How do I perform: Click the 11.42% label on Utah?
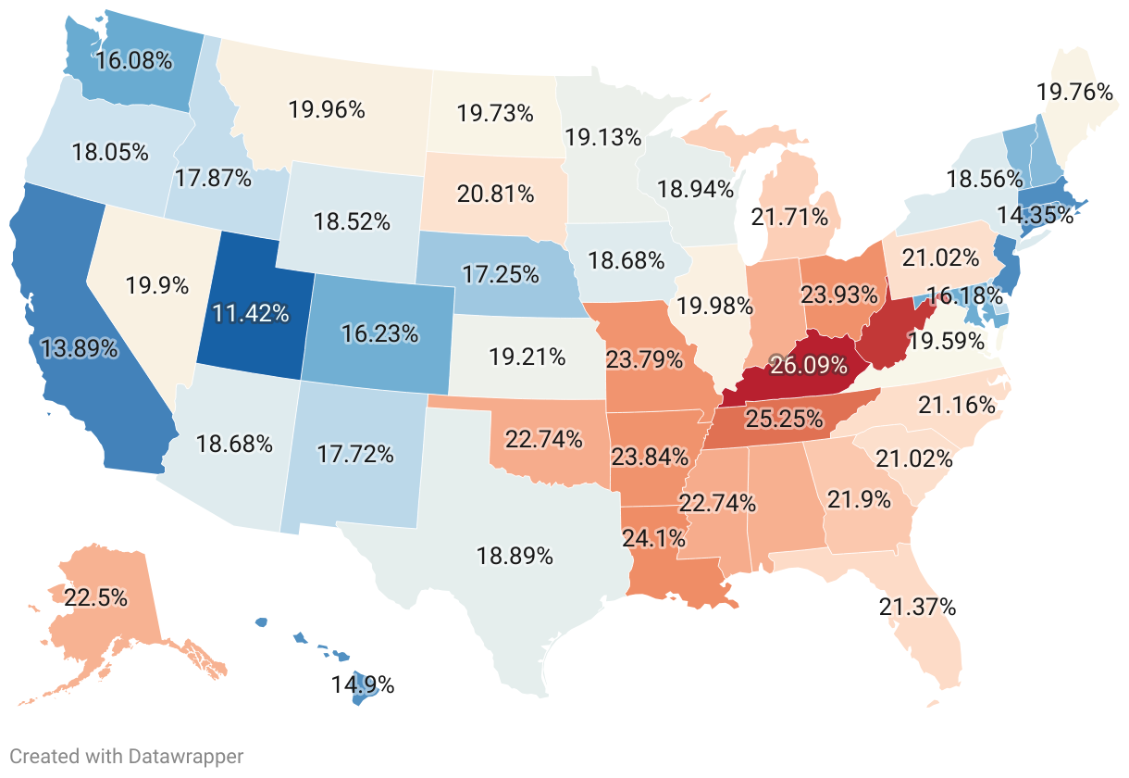click(250, 312)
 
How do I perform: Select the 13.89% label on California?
click(80, 348)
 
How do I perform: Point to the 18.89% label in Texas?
click(515, 557)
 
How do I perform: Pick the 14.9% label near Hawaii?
click(363, 685)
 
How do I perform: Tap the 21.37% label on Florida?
click(917, 608)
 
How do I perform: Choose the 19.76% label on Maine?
click(1074, 92)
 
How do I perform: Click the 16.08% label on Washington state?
click(134, 61)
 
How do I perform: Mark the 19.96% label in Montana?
click(327, 109)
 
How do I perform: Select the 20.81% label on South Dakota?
click(495, 194)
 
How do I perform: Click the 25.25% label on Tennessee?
click(785, 419)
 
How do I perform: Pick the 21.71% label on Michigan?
click(789, 219)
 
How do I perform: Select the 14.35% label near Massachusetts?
click(1035, 216)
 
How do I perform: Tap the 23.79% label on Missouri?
click(644, 358)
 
